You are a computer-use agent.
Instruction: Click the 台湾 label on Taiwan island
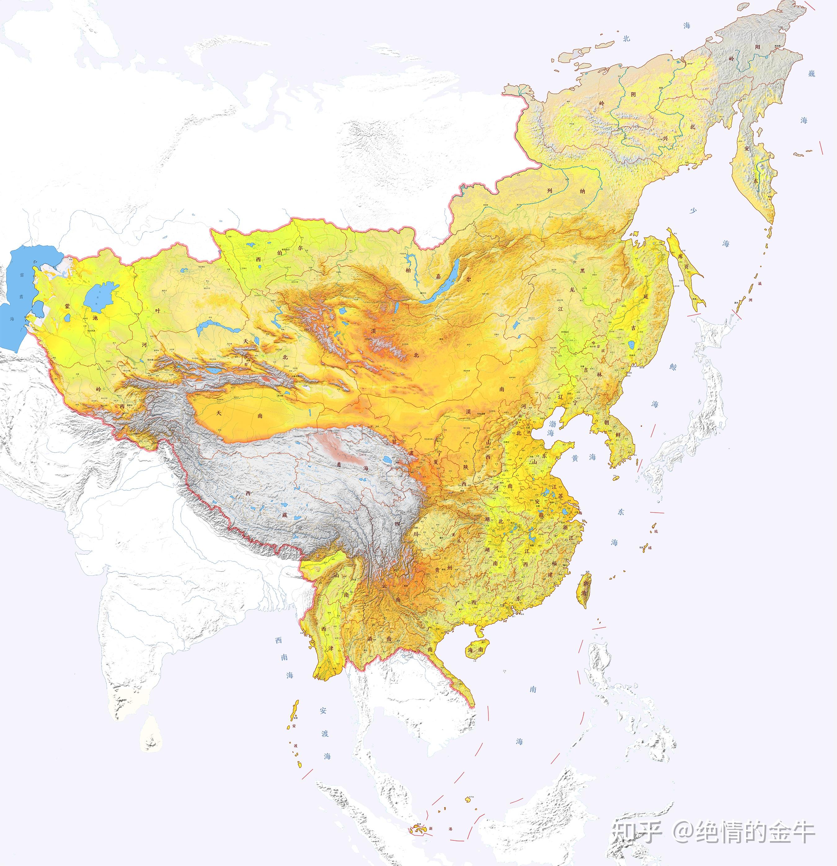pyautogui.click(x=585, y=588)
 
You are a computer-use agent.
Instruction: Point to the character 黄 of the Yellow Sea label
pyautogui.click(x=575, y=458)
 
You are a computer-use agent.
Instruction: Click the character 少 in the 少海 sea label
pyautogui.click(x=693, y=210)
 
